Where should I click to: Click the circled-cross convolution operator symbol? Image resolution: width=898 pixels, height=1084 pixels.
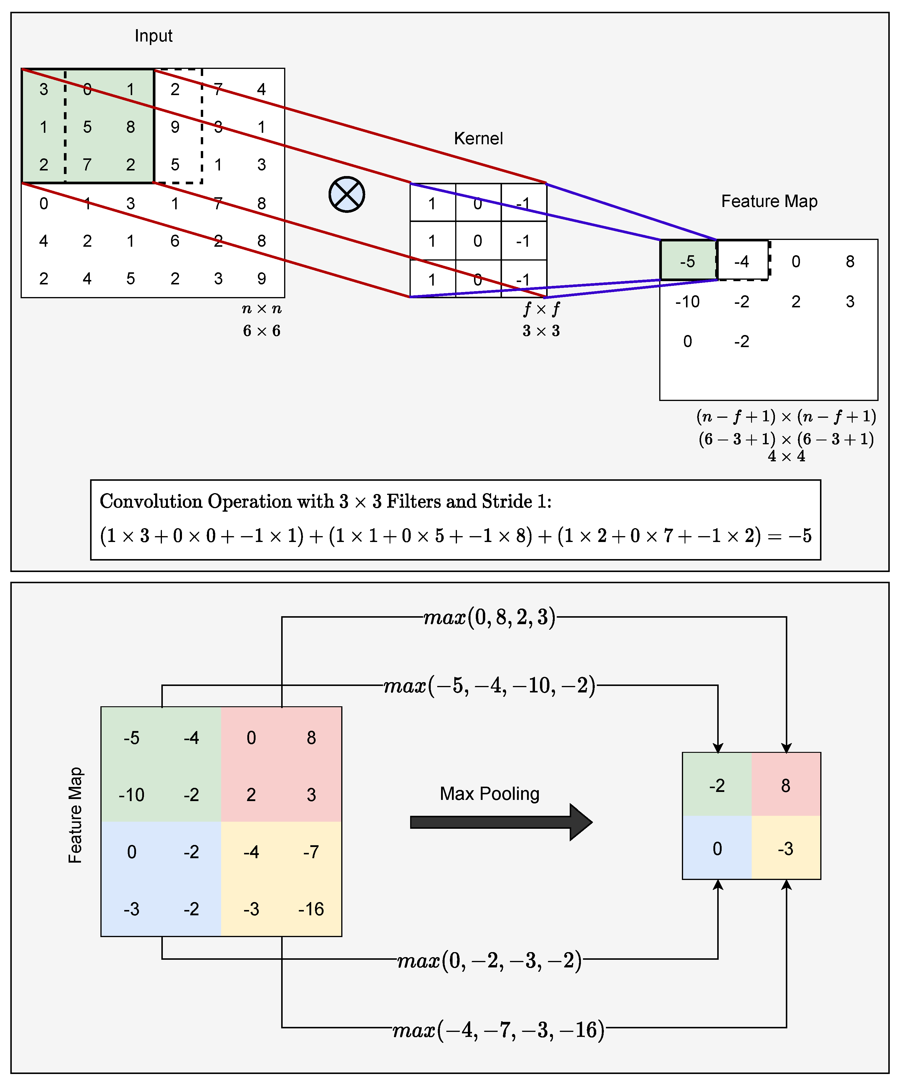[x=347, y=195]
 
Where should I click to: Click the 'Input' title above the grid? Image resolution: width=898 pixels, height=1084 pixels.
[x=153, y=36]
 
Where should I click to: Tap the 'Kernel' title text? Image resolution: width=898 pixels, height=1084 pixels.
[x=478, y=138]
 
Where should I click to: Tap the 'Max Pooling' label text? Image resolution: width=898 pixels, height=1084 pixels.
[x=489, y=793]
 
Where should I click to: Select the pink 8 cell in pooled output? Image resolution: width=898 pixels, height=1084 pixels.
[x=786, y=786]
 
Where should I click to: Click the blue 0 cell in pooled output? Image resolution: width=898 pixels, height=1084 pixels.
[x=717, y=848]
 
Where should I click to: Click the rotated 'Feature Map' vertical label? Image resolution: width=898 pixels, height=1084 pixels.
[x=75, y=815]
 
